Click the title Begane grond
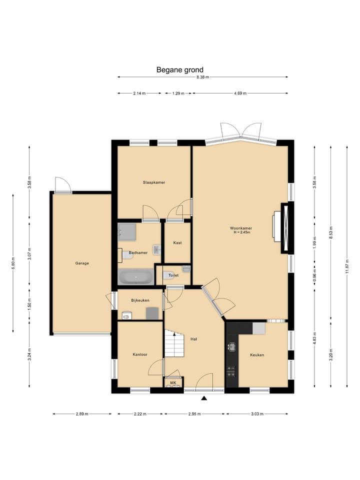pos(179,70)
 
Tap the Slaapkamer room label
pos(154,182)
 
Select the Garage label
pos(82,263)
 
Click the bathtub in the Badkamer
pos(136,276)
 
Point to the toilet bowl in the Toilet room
pos(168,275)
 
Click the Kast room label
pos(177,243)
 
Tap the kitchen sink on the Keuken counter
pos(231,347)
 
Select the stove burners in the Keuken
pos(231,371)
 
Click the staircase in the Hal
pos(175,343)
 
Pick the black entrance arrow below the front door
pos(204,398)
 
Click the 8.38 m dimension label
pos(202,77)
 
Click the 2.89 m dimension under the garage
pos(82,414)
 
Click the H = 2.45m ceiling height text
pos(242,232)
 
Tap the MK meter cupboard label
pos(173,382)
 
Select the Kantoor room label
pos(140,354)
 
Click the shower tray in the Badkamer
pos(127,231)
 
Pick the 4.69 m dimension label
pos(240,93)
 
